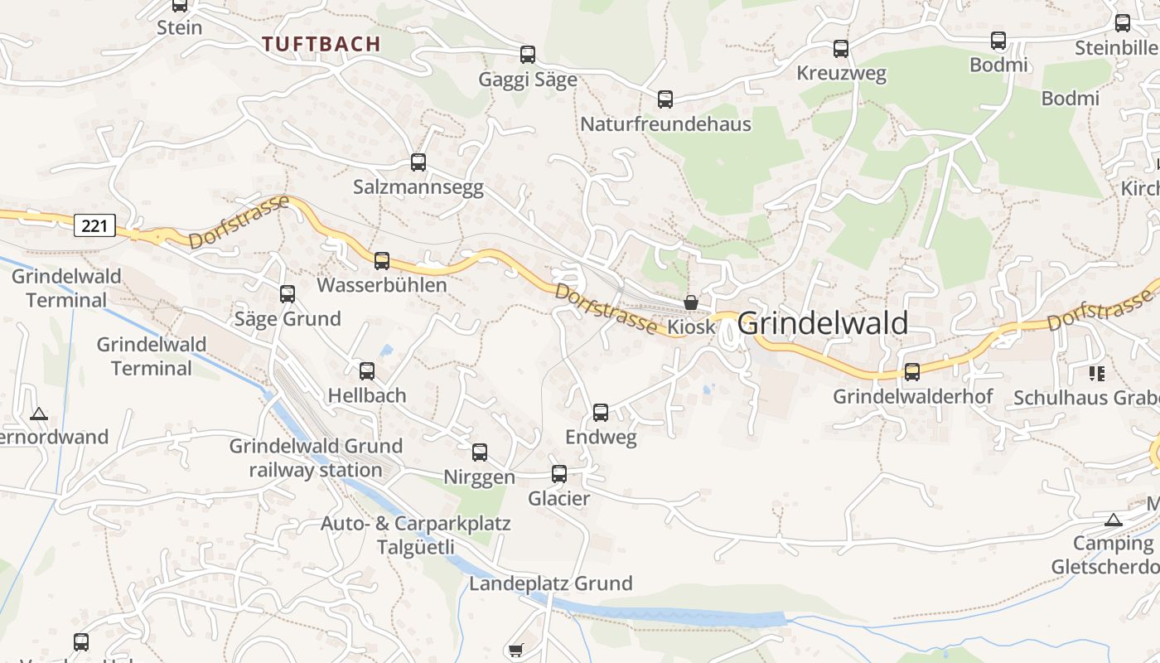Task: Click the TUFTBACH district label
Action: pos(321,44)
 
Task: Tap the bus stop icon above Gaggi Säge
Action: pos(528,55)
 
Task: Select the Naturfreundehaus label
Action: pos(665,124)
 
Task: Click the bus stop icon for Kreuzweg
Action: pos(841,49)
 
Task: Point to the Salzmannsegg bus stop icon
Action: pos(418,162)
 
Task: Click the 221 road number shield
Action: pos(94,225)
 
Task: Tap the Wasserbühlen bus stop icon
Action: pos(382,261)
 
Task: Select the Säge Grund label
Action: pos(288,319)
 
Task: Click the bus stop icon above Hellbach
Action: pos(367,371)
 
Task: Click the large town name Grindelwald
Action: pos(823,323)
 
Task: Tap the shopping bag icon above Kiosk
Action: pos(691,302)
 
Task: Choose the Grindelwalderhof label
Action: pos(912,397)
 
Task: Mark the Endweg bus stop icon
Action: pos(601,413)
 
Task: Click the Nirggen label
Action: pos(479,477)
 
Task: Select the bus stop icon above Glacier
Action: pos(559,474)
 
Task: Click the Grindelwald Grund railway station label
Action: pos(316,458)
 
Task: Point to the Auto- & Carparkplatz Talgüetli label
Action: pos(416,535)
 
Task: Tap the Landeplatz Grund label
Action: pos(551,583)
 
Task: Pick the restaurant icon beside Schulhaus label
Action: pos(1097,373)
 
